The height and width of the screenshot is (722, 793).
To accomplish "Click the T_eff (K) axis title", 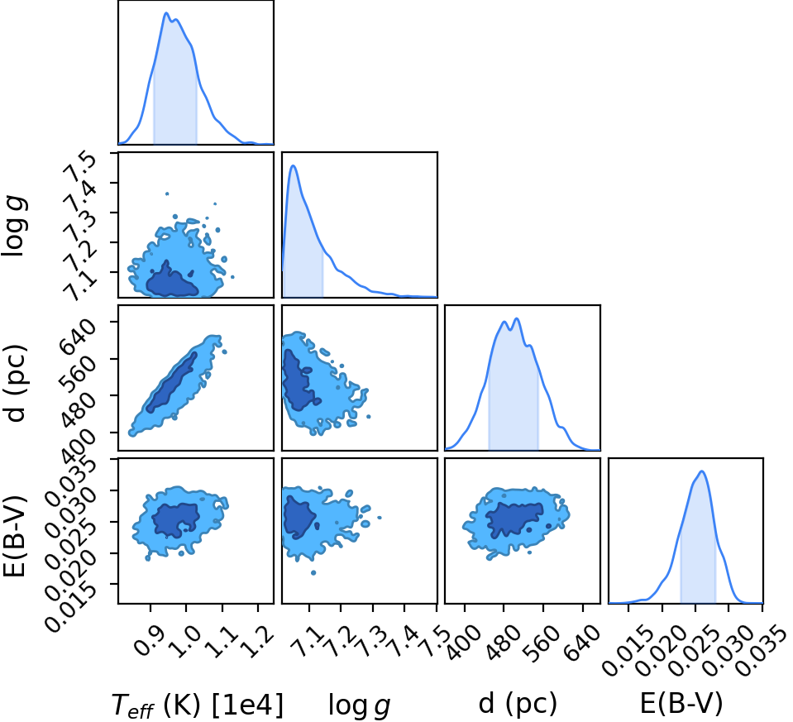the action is (198, 705).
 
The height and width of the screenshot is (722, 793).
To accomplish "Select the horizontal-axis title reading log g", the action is (359, 705).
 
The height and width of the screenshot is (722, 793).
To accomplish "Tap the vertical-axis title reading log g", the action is (15, 227).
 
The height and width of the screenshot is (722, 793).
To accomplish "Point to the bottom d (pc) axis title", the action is (518, 703).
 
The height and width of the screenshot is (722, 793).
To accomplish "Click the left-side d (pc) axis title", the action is (15, 383).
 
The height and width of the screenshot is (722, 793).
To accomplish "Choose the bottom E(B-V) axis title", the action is (681, 703).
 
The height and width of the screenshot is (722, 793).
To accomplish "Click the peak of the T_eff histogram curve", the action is (165, 12).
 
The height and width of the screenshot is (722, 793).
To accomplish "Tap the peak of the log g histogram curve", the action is (294, 165).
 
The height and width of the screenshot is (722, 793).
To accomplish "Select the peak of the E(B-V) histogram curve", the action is (702, 471).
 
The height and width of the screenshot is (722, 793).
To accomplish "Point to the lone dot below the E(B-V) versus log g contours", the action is (313, 573).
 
